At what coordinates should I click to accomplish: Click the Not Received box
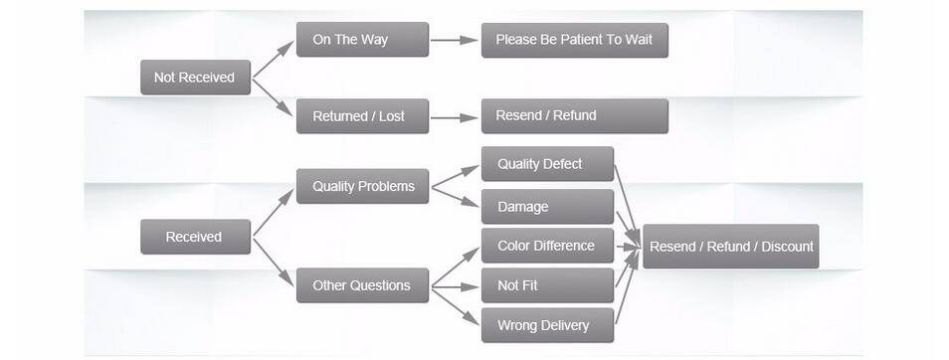pos(195,78)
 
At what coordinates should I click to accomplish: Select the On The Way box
pos(362,40)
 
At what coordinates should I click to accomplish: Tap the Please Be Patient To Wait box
pos(574,40)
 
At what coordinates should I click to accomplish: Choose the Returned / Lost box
pos(362,116)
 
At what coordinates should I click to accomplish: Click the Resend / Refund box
pos(574,115)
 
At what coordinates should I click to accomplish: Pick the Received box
pos(195,237)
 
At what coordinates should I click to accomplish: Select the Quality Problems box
pos(362,186)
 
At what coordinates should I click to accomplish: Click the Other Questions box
pos(362,285)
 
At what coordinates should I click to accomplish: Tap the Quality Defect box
pos(547,164)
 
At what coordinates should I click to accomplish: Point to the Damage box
pos(547,207)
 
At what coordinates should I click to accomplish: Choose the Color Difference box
pos(547,246)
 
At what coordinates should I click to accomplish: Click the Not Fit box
pos(547,285)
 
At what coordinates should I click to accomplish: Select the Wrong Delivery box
pos(547,325)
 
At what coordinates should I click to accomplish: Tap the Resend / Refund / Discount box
pos(730,247)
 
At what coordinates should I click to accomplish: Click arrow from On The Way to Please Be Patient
pos(454,41)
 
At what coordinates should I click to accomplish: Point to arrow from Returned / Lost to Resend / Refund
pos(454,117)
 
